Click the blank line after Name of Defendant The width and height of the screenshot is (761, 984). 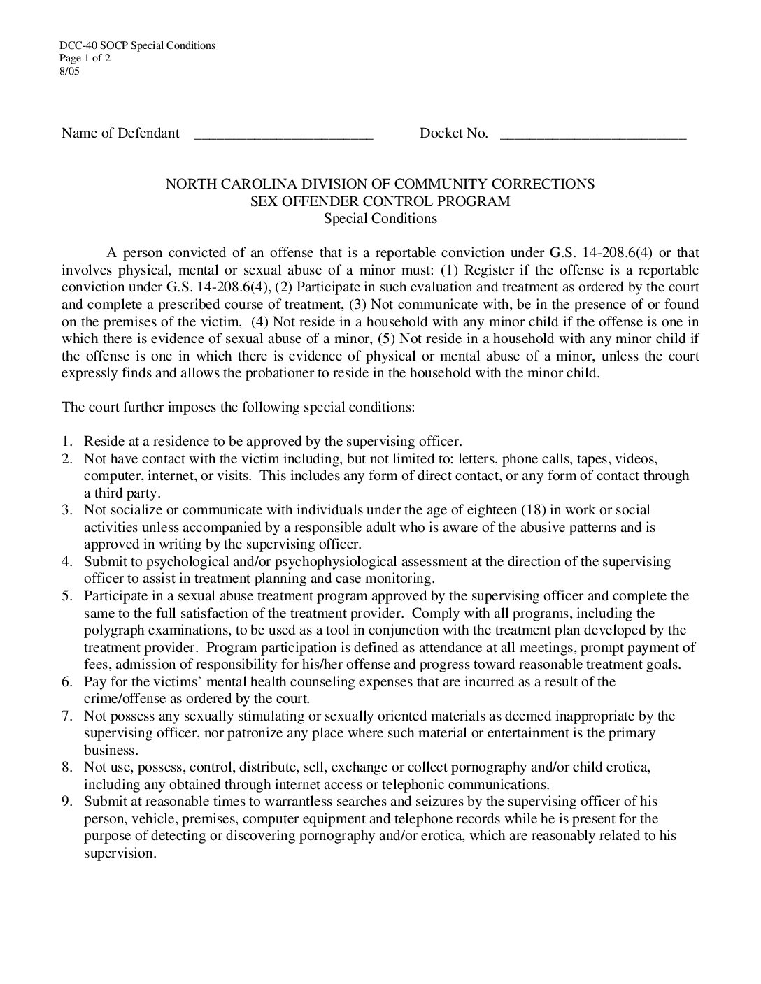coord(283,134)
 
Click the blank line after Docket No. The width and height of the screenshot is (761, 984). coord(593,134)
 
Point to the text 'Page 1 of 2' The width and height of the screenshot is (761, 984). coord(85,58)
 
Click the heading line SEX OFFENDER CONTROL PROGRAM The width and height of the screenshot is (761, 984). coord(380,201)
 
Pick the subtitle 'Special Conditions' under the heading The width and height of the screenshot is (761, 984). coord(380,218)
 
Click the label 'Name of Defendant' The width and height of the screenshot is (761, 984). coord(120,133)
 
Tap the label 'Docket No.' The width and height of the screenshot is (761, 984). coord(453,133)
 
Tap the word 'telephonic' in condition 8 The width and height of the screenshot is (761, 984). coord(406,784)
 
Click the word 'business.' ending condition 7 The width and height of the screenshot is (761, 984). coord(111,750)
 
